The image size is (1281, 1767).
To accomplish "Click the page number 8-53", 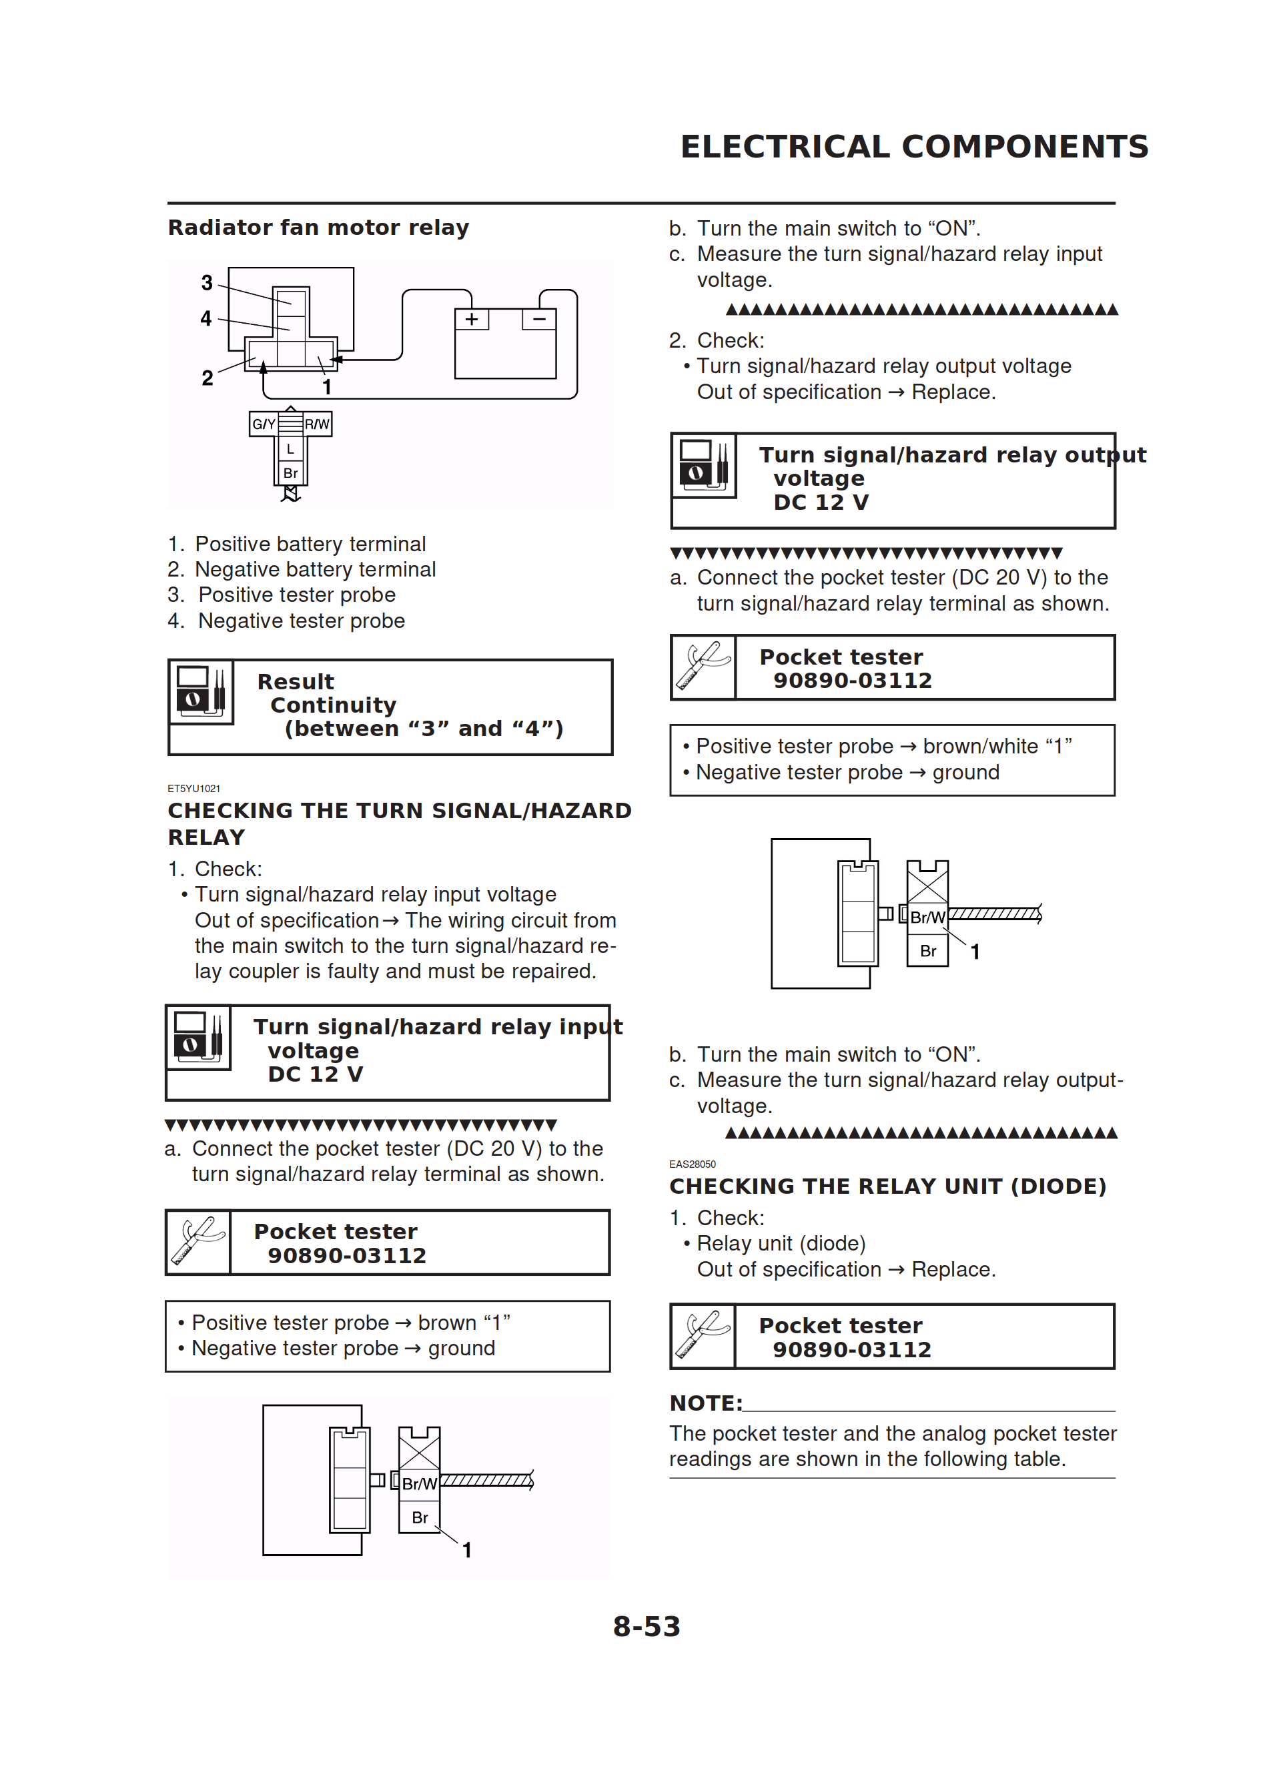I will tap(646, 1626).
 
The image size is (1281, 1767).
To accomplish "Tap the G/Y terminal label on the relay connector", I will tap(264, 424).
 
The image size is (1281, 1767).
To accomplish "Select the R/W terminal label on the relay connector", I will tap(317, 424).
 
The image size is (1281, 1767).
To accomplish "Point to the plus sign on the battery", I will tap(472, 319).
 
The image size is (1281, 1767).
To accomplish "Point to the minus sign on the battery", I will tap(538, 319).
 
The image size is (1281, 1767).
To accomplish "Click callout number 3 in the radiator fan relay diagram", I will tap(206, 282).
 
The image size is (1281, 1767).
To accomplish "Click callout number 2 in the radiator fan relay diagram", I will tap(207, 378).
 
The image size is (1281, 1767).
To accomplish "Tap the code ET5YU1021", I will tap(194, 789).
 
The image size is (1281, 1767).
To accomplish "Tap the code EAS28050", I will tap(692, 1164).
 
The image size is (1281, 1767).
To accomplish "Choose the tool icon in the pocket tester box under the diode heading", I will tap(703, 1335).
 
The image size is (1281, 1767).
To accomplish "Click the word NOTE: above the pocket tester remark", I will tap(706, 1403).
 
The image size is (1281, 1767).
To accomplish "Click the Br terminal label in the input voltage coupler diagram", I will tap(420, 1517).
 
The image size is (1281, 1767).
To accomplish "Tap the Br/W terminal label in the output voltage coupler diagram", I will tap(927, 917).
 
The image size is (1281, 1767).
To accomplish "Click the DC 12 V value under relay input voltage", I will tap(316, 1074).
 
